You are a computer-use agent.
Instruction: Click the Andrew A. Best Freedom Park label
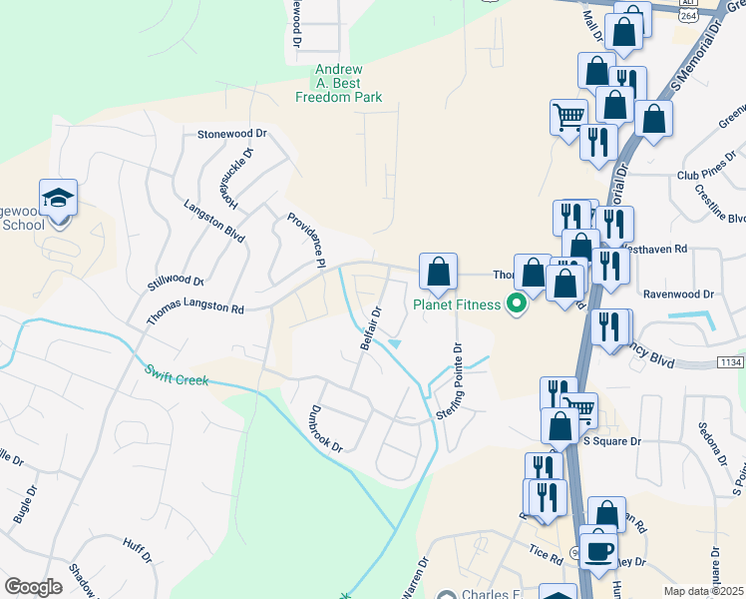(x=338, y=84)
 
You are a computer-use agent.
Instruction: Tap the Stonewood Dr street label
(x=232, y=133)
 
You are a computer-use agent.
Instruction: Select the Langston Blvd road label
(x=214, y=220)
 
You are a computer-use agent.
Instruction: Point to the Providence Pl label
(x=307, y=241)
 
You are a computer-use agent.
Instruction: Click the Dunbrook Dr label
(x=325, y=428)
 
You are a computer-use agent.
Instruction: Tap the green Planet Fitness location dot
(x=517, y=302)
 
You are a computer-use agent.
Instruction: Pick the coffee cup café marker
(x=599, y=550)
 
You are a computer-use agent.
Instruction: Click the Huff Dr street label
(x=137, y=550)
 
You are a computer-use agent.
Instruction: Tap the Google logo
(x=33, y=587)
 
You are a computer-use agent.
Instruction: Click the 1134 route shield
(x=729, y=363)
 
